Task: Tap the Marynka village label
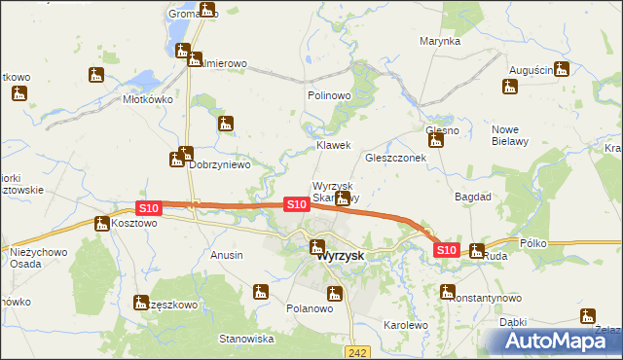click(439, 42)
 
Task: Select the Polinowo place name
click(328, 96)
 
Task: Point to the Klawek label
click(332, 145)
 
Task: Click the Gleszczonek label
click(395, 158)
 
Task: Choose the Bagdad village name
click(473, 197)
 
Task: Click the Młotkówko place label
click(148, 99)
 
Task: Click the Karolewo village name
click(406, 325)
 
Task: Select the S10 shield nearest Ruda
click(445, 250)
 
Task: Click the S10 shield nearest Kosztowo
click(147, 208)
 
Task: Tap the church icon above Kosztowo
click(102, 224)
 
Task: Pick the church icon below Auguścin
click(510, 88)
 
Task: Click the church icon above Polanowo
click(335, 293)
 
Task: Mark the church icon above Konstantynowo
click(448, 290)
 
